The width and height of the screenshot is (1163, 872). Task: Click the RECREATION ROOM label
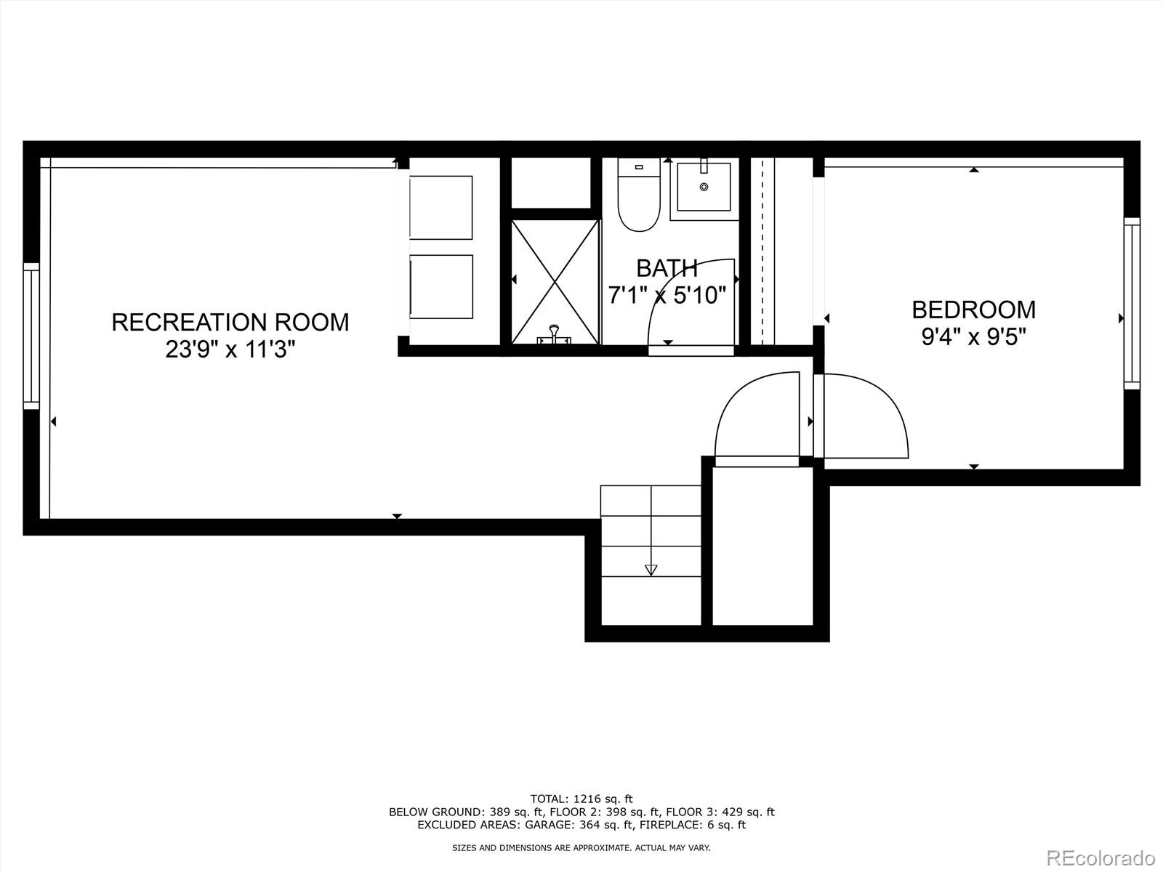click(230, 322)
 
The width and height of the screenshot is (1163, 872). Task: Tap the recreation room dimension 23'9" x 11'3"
click(230, 350)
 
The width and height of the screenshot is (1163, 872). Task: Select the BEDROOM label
click(973, 310)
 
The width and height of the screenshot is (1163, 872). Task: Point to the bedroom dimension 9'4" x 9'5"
click(973, 337)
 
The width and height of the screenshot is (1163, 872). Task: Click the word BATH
click(667, 268)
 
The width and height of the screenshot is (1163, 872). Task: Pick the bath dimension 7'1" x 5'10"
click(667, 295)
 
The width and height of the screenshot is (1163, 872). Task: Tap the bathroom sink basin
click(704, 187)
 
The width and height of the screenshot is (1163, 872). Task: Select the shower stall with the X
click(555, 281)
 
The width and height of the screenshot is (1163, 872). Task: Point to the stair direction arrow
click(651, 569)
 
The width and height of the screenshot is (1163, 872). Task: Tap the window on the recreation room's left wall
click(31, 336)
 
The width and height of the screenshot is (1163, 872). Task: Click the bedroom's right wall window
click(1132, 302)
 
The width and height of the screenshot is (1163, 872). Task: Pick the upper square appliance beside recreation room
click(441, 207)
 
